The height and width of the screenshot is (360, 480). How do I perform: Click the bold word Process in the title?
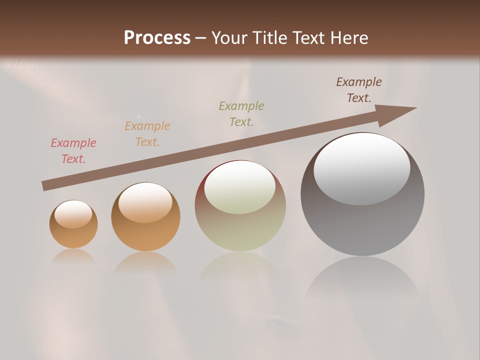(x=157, y=37)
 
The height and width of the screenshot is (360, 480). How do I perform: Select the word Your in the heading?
(x=229, y=37)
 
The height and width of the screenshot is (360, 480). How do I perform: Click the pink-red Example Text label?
(x=73, y=151)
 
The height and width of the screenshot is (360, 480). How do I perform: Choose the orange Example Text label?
(x=147, y=133)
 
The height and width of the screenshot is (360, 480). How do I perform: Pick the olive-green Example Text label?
(x=241, y=113)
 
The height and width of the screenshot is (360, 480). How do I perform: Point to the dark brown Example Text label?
(x=359, y=90)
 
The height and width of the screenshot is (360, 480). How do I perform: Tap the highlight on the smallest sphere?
(x=73, y=214)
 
